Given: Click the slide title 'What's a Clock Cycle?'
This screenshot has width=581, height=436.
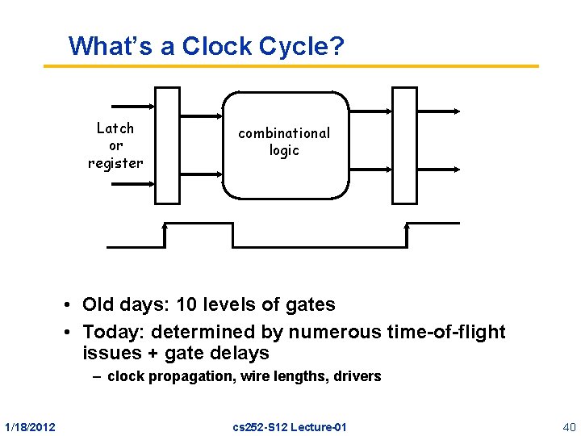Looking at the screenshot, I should coord(207,45).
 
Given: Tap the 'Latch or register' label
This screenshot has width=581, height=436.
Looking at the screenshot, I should coord(115,145).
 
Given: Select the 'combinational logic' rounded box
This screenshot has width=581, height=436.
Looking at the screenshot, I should coord(285,145).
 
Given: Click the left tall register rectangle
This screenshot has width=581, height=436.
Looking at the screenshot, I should coord(167,145).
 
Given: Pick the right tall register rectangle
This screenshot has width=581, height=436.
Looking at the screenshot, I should coord(404,145).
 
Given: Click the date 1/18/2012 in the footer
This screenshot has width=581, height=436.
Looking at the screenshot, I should coord(30,426).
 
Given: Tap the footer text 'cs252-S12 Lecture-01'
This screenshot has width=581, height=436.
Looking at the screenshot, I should coord(288,426).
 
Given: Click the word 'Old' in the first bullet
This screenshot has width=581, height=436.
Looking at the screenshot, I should coord(99,304).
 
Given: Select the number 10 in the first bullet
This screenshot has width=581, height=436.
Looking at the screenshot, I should coord(180,304).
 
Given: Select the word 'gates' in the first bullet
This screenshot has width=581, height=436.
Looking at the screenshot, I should coord(311,304).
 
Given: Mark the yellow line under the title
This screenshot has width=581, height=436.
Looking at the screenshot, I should coord(290,65).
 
